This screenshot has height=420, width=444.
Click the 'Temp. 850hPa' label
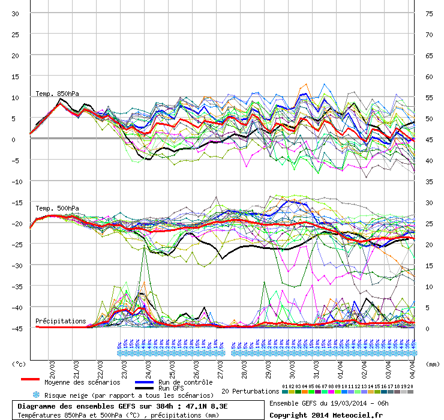click(x=57, y=94)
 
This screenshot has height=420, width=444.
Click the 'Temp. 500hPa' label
click(x=57, y=208)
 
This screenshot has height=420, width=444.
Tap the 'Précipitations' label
click(x=61, y=321)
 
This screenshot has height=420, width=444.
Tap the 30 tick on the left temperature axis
click(x=16, y=13)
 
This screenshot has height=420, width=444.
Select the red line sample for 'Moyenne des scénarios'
click(x=39, y=379)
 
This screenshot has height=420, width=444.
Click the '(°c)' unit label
click(x=19, y=364)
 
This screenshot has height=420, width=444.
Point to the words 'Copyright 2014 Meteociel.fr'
click(x=326, y=415)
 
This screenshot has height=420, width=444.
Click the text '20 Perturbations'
click(x=250, y=391)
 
